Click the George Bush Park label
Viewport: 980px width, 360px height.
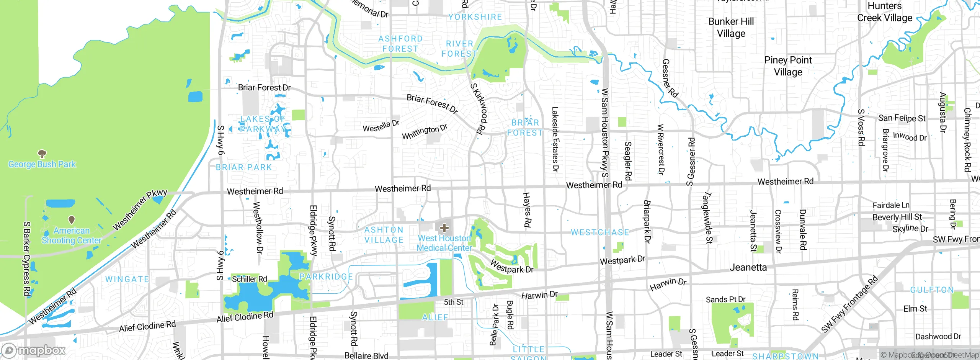click(x=42, y=164)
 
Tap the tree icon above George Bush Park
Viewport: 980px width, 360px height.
click(x=42, y=154)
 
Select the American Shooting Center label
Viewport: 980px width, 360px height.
click(x=72, y=236)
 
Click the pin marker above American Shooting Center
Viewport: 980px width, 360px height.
click(x=72, y=220)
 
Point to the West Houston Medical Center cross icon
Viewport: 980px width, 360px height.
click(x=444, y=228)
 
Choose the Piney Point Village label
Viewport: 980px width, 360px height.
click(x=788, y=66)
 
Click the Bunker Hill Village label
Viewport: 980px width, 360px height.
click(x=731, y=27)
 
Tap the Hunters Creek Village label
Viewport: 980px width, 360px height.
click(x=885, y=12)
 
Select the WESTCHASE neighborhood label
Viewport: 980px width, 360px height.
click(x=600, y=232)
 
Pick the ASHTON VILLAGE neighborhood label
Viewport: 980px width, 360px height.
click(x=384, y=235)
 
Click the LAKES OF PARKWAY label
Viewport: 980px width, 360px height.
click(x=263, y=124)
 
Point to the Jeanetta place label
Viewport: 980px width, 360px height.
click(x=748, y=267)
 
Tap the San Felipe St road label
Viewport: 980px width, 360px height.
click(x=902, y=118)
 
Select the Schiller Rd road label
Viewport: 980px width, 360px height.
click(x=249, y=279)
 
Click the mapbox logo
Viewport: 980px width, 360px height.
click(x=33, y=350)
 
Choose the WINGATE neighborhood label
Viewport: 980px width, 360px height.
click(x=127, y=279)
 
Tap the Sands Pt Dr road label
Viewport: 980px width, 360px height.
click(x=725, y=299)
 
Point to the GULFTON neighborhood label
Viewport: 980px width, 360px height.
click(x=932, y=290)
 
